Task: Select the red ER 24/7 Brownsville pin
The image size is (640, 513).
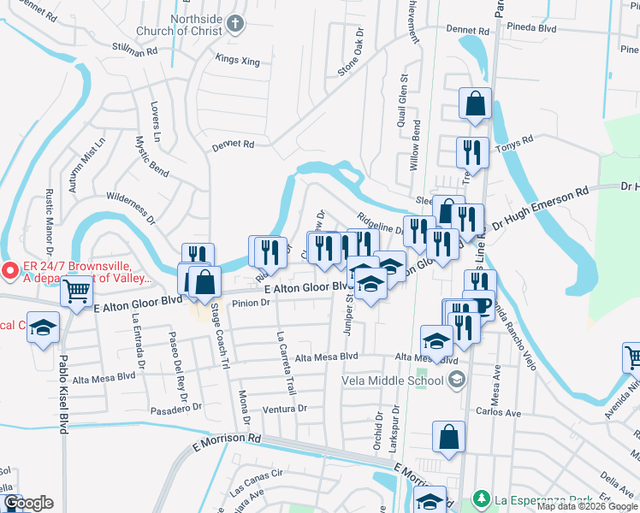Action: [x=11, y=271]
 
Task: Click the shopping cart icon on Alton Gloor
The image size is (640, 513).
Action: [x=77, y=292]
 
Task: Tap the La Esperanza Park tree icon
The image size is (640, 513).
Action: [x=482, y=498]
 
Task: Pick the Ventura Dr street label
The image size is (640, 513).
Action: [x=284, y=409]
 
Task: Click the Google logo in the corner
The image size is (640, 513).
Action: [x=28, y=503]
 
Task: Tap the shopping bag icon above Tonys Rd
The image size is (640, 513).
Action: [x=474, y=105]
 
